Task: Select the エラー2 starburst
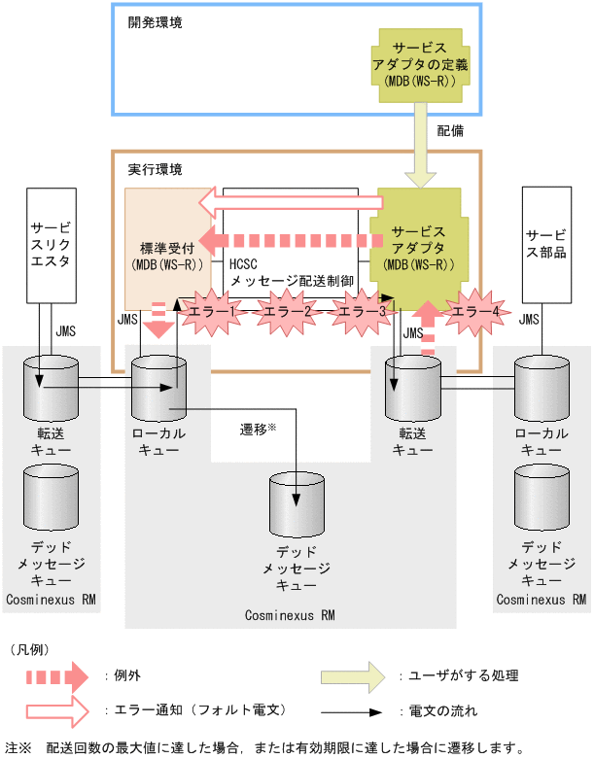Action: (288, 311)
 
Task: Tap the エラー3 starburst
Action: (360, 311)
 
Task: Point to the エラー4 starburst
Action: (475, 311)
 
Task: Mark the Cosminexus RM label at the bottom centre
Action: (291, 614)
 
